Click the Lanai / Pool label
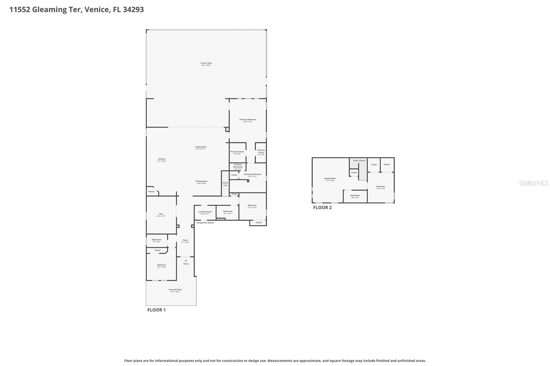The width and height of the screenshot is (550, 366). [x=206, y=63]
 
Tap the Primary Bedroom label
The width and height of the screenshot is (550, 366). [x=247, y=120]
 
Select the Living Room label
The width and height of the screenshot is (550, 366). [x=201, y=147]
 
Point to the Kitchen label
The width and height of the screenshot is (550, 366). [x=162, y=159]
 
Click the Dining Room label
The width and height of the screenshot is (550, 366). [x=201, y=181]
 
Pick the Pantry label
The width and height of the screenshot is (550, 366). [x=151, y=192]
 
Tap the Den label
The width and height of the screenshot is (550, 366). [x=161, y=214]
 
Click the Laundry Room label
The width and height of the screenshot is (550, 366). [x=205, y=212]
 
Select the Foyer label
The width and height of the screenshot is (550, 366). [x=185, y=240]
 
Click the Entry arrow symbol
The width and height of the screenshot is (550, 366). [x=186, y=261]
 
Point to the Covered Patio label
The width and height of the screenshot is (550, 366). [x=175, y=290]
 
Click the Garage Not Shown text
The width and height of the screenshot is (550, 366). [x=205, y=223]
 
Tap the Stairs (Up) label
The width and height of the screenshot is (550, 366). [x=225, y=184]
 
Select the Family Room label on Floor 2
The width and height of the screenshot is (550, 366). [x=330, y=179]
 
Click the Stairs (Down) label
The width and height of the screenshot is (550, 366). [x=359, y=161]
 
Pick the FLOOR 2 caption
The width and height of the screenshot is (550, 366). [x=322, y=207]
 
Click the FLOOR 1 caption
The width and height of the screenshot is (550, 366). [x=156, y=310]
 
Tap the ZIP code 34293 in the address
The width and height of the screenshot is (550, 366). [x=133, y=10]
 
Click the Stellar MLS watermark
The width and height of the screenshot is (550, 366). [x=533, y=183]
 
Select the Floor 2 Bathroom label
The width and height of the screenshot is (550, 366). [x=355, y=196]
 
